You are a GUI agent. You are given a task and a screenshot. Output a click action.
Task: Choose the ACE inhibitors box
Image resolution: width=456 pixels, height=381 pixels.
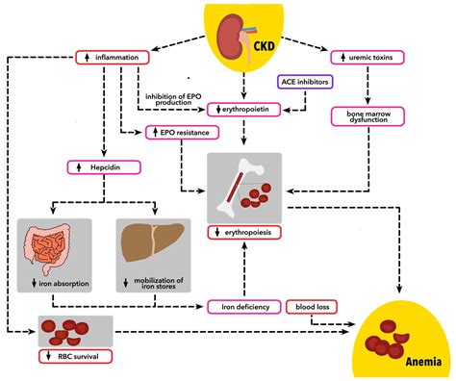[305, 83]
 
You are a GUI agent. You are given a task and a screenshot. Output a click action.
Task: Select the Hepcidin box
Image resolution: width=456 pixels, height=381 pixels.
[105, 166]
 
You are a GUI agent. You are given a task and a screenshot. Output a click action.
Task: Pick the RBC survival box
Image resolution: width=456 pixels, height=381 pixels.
[72, 356]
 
